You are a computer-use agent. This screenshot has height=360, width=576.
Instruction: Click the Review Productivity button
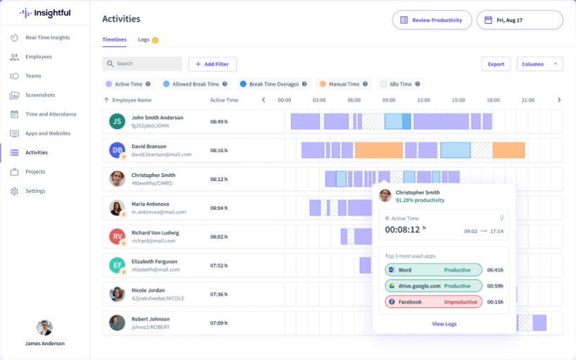(432, 20)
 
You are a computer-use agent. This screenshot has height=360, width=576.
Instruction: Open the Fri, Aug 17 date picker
(520, 20)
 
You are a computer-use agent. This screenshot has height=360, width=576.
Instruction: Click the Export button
(496, 64)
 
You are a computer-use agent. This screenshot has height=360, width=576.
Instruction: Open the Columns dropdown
(539, 64)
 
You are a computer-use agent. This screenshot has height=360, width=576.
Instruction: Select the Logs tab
(144, 40)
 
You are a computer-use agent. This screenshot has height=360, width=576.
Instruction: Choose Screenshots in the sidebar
(39, 95)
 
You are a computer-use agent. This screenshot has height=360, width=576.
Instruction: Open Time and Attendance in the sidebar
(51, 114)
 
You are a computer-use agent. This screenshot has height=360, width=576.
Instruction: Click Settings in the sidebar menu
(35, 191)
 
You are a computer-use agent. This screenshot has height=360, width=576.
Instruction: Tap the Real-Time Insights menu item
(47, 37)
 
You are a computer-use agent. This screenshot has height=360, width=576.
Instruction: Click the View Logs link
(444, 323)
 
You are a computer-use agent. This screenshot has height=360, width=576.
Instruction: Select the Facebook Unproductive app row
(433, 302)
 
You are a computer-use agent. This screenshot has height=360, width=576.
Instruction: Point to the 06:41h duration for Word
(495, 270)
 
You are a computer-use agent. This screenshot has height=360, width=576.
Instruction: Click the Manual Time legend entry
(344, 84)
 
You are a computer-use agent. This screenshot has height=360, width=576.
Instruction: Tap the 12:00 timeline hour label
(423, 100)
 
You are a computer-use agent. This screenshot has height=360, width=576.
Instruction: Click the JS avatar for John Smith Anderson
(117, 121)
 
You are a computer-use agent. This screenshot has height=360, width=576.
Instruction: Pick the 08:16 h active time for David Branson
(219, 150)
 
